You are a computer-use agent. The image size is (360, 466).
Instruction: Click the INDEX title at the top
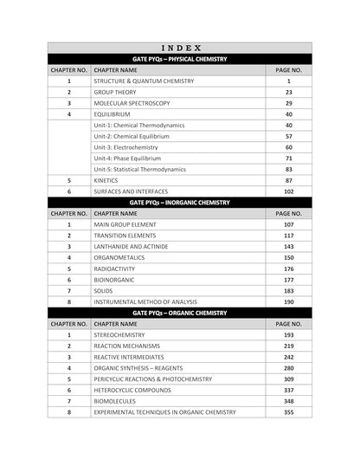click(180, 49)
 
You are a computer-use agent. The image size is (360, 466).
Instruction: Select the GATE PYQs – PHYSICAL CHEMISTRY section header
click(180, 59)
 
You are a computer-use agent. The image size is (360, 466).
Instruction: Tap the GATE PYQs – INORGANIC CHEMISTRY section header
click(180, 202)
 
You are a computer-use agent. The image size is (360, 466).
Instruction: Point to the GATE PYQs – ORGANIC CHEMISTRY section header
click(180, 312)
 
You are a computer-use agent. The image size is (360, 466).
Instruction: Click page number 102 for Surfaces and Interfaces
click(288, 191)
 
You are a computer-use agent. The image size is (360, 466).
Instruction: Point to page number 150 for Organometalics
click(288, 257)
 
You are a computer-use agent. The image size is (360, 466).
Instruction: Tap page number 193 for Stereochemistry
click(288, 334)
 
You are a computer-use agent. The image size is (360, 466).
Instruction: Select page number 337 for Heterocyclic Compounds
click(288, 390)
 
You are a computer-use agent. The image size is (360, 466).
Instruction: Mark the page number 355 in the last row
click(288, 412)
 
